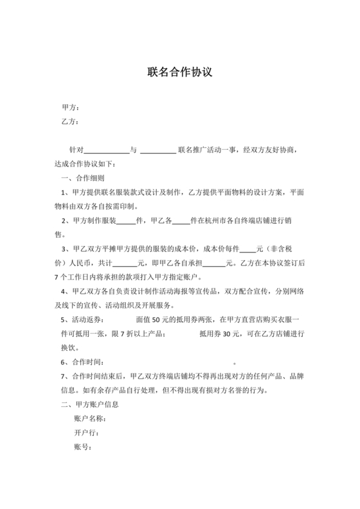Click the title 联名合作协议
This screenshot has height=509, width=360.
tap(180, 73)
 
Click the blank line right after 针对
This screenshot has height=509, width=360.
tap(107, 150)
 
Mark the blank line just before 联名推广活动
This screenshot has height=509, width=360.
tap(157, 150)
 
